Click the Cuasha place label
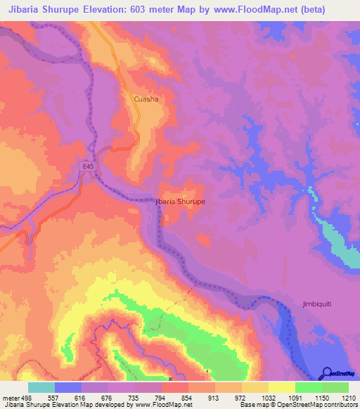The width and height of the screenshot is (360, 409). pyautogui.click(x=146, y=99)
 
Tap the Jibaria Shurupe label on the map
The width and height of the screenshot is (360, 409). pyautogui.click(x=179, y=201)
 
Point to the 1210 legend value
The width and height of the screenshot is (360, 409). pyautogui.click(x=349, y=397)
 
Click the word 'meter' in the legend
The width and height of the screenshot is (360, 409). pyautogui.click(x=12, y=397)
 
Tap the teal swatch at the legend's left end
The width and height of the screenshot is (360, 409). pyautogui.click(x=41, y=387)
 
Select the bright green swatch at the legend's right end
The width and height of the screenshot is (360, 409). pyautogui.click(x=335, y=387)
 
